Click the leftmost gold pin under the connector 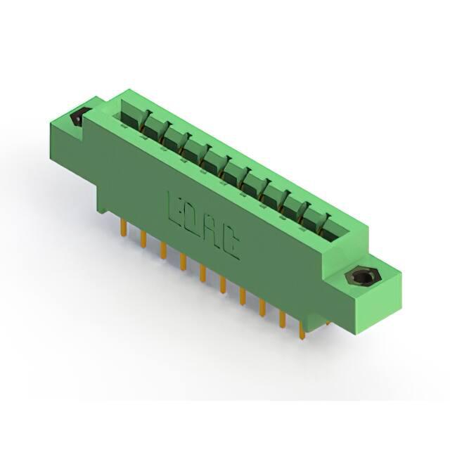(124, 227)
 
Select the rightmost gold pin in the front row (302, 330)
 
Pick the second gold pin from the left (143, 238)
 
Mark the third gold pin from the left (163, 250)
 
